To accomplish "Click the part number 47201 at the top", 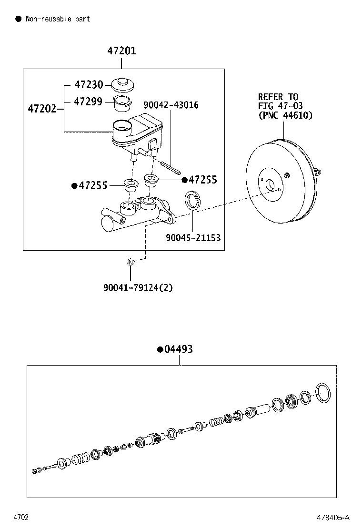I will [121, 51].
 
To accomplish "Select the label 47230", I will [89, 85].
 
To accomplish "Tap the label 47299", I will [89, 102].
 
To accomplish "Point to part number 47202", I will [42, 109].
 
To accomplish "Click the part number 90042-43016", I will [171, 105].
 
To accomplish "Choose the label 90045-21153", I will [193, 237].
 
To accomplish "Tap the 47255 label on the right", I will [202, 180].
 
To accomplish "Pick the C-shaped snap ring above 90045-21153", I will [192, 200].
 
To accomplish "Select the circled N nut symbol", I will [130, 262].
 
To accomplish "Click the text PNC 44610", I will [285, 115].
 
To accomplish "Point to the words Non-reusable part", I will [57, 19].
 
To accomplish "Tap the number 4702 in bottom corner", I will [20, 517].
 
